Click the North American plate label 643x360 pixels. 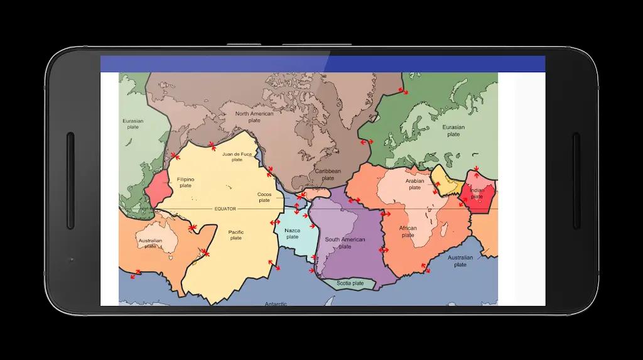pyautogui.click(x=254, y=117)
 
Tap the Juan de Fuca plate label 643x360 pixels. pyautogui.click(x=237, y=156)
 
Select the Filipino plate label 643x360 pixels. pyautogui.click(x=185, y=182)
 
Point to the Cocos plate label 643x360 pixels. pyautogui.click(x=264, y=197)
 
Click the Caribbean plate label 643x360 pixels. pyautogui.click(x=328, y=174)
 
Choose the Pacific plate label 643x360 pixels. pyautogui.click(x=236, y=235)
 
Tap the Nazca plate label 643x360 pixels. pyautogui.click(x=292, y=234)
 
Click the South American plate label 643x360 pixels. pyautogui.click(x=345, y=243)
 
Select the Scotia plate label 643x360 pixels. pyautogui.click(x=350, y=283)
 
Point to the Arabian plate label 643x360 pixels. pyautogui.click(x=414, y=184)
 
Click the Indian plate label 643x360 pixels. pyautogui.click(x=477, y=194)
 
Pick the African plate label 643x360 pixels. pyautogui.click(x=408, y=232)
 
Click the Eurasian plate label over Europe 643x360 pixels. pyautogui.click(x=453, y=131)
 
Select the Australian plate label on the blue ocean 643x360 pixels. pyautogui.click(x=460, y=261)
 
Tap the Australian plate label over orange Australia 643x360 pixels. pyautogui.click(x=150, y=243)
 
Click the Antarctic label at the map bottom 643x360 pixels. pyautogui.click(x=276, y=303)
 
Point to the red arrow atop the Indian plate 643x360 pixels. pyautogui.click(x=477, y=169)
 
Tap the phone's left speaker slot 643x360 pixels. pyautogui.click(x=70, y=180)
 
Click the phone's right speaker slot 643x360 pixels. pyautogui.click(x=576, y=180)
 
